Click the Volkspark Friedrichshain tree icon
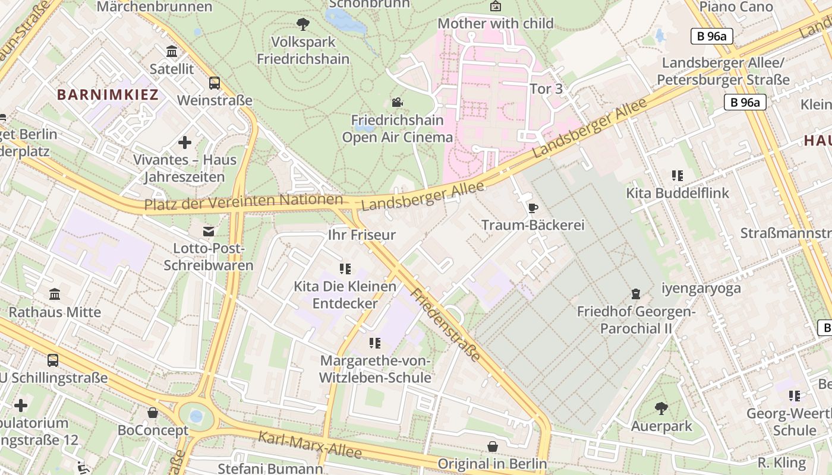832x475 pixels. (303, 24)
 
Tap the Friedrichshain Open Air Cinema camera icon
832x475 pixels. (397, 102)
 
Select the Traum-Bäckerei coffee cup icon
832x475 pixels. (532, 208)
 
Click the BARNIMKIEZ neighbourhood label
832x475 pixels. (108, 94)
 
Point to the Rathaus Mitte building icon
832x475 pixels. (55, 294)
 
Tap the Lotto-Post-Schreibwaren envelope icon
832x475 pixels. (209, 231)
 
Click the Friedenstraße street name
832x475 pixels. (445, 325)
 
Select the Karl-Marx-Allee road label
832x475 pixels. (309, 445)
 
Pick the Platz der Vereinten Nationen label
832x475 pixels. (244, 202)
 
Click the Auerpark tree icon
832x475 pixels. (661, 408)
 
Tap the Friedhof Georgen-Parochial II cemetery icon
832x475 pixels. (636, 294)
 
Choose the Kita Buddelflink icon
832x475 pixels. (677, 176)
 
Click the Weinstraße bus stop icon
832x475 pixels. (215, 83)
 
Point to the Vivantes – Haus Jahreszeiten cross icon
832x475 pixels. (185, 142)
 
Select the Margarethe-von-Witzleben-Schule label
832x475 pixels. (375, 369)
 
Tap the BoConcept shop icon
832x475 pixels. (153, 413)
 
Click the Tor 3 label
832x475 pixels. (545, 89)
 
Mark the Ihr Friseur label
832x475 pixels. (361, 235)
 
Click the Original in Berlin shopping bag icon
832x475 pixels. (493, 446)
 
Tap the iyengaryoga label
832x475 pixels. (701, 289)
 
